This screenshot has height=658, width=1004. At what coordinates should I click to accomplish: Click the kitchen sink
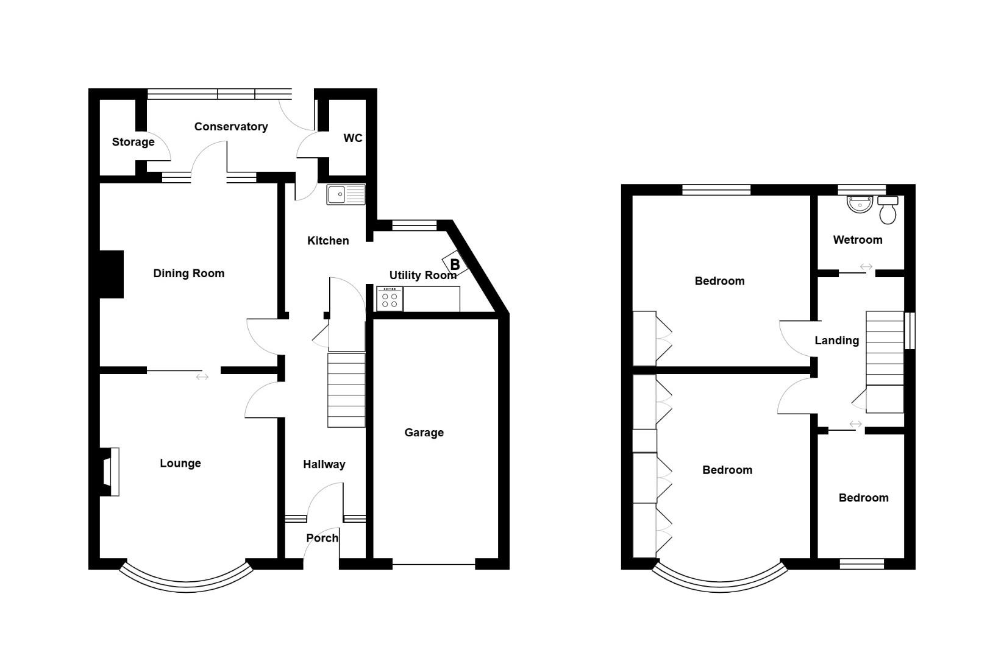346,194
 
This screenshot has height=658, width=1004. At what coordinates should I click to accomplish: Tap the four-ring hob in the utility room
390,299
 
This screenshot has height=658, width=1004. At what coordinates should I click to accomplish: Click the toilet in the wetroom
888,210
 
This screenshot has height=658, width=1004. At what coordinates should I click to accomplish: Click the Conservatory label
231,127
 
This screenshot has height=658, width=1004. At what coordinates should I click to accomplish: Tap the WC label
353,138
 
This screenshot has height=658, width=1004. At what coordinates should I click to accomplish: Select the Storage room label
133,142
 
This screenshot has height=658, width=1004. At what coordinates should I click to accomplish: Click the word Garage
424,433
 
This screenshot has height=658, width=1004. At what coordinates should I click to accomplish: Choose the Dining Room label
189,274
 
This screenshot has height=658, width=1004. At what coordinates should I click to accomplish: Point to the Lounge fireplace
110,472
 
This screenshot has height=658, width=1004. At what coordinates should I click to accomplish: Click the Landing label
837,341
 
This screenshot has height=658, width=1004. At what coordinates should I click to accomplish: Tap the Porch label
322,538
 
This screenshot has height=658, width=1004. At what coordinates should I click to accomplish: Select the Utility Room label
422,275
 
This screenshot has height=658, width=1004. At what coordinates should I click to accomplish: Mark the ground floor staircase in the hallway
346,390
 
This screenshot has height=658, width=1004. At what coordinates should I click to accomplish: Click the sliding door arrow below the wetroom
866,267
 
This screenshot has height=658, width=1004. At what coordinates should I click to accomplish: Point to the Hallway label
324,464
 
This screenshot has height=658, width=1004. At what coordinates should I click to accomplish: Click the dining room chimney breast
112,274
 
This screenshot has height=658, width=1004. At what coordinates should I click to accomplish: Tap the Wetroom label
858,240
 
